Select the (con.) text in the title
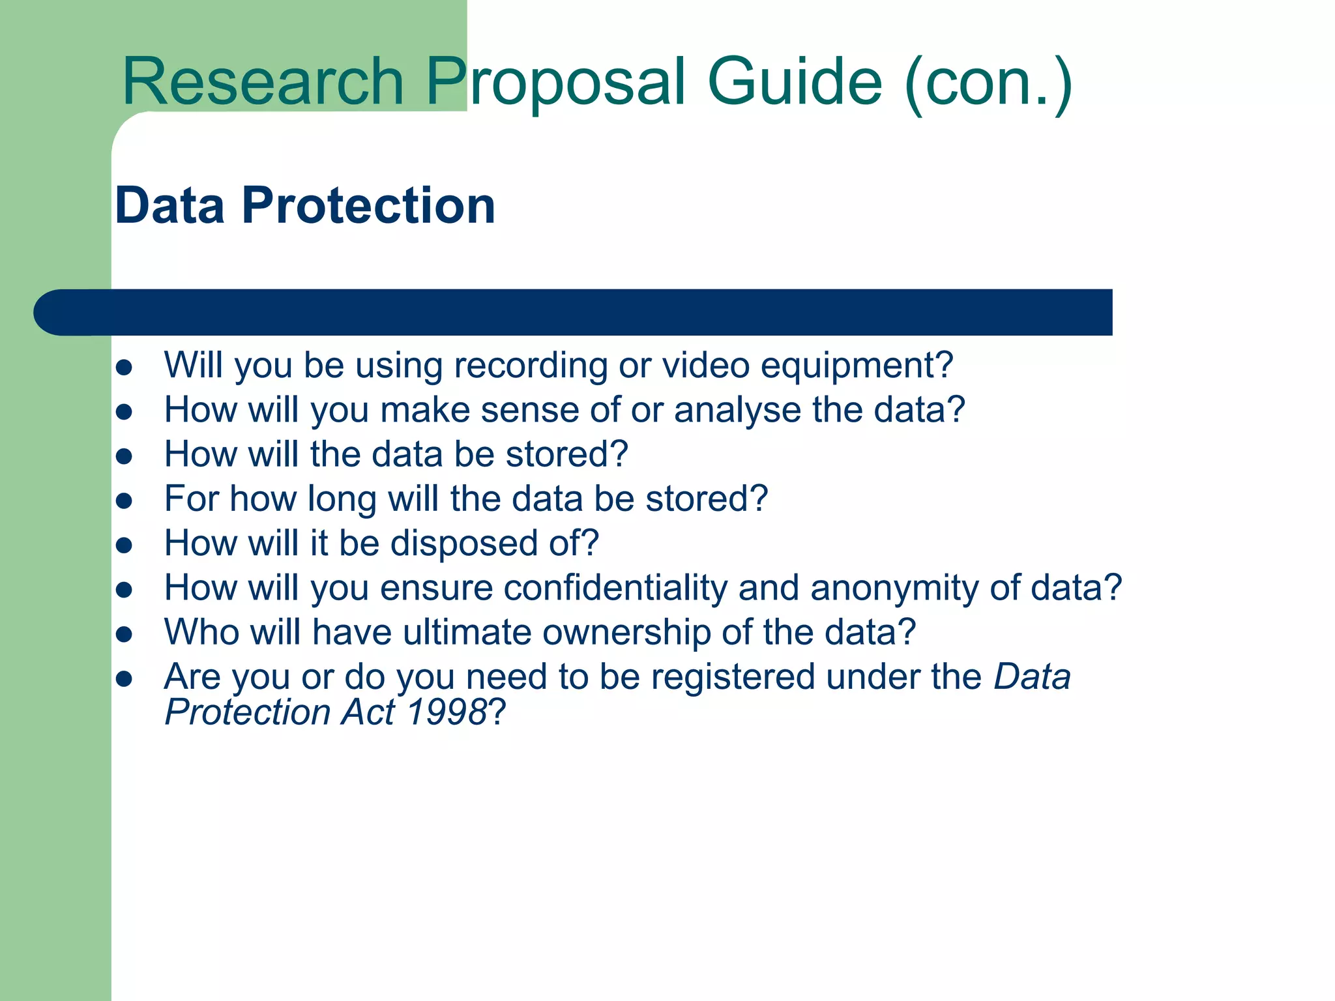click(988, 83)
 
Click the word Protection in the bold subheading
click(368, 205)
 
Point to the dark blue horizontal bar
click(574, 312)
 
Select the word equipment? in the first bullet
click(857, 366)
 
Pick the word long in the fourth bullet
click(342, 500)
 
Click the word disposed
click(463, 544)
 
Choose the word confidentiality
click(615, 588)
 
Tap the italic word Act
click(368, 712)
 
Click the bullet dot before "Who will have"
click(124, 633)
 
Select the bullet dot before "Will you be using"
click(124, 366)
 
